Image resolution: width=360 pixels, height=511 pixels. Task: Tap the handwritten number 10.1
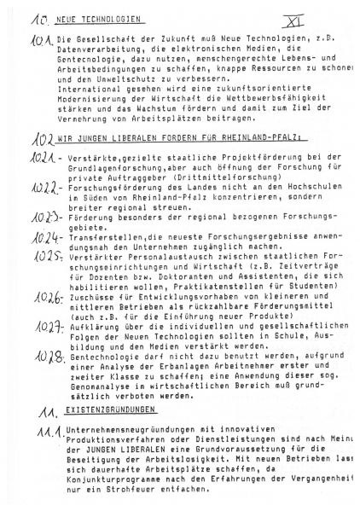pos(40,41)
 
